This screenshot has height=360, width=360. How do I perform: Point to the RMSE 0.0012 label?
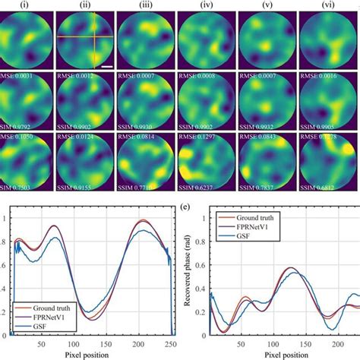point(77,77)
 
